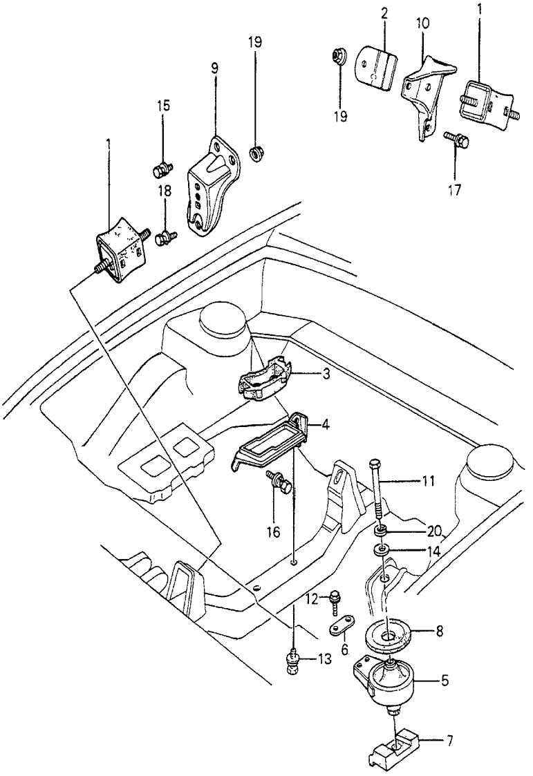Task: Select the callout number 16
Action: tap(273, 532)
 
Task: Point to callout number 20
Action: tap(434, 532)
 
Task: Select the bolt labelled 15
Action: tap(161, 171)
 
